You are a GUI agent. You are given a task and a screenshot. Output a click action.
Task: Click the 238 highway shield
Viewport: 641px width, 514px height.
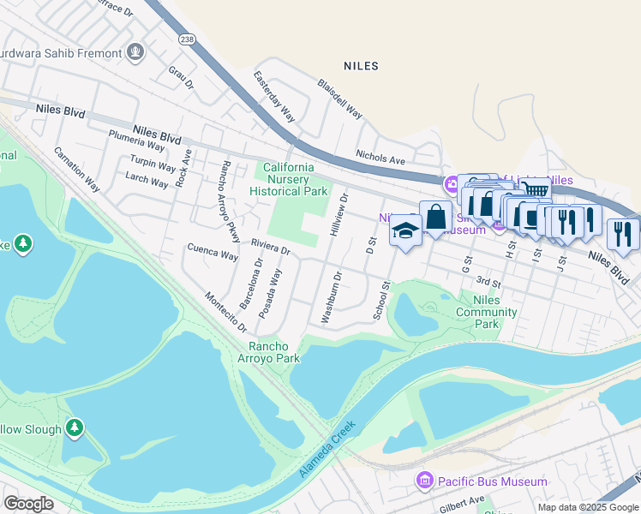(187, 39)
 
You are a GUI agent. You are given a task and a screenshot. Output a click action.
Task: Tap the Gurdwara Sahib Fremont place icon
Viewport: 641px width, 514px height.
(135, 53)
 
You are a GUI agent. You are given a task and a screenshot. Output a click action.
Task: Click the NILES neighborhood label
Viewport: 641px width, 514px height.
(360, 66)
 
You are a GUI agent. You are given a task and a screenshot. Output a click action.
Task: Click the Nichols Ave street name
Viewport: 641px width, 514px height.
(380, 159)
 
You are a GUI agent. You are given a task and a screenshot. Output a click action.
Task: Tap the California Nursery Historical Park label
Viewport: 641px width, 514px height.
(288, 179)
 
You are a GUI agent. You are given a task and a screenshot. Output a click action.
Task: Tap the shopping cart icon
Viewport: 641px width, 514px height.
(536, 190)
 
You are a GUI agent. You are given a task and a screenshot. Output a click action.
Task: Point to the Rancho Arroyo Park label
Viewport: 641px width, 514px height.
(268, 352)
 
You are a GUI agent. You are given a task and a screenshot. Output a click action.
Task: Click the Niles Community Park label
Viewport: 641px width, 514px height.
(487, 312)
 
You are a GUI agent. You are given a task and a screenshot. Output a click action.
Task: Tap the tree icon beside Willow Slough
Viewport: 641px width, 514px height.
(75, 427)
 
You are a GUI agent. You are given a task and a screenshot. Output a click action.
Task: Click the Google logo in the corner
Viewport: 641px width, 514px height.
(28, 504)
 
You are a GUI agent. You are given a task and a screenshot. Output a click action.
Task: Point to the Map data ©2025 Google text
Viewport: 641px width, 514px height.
(588, 507)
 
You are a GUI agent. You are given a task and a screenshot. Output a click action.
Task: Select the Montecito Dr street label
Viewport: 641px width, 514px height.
(225, 312)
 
